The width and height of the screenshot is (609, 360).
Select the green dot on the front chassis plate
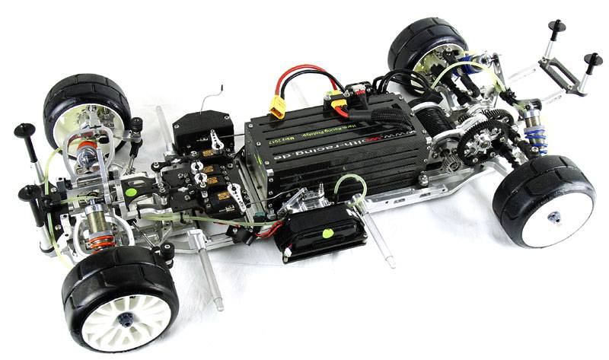click(131, 193)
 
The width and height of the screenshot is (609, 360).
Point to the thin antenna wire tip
click(222, 86)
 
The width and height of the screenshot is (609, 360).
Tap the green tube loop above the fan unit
click(349, 183)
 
